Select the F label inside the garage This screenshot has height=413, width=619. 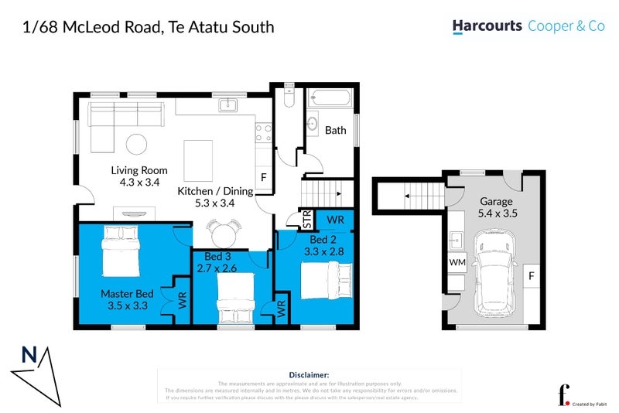(x=532, y=275)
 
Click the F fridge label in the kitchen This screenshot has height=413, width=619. (x=263, y=178)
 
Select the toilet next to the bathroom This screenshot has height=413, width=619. (x=287, y=98)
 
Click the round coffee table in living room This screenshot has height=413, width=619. (x=137, y=143)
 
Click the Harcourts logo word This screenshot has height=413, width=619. (x=487, y=26)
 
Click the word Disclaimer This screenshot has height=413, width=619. (x=309, y=374)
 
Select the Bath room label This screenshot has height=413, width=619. (x=335, y=131)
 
